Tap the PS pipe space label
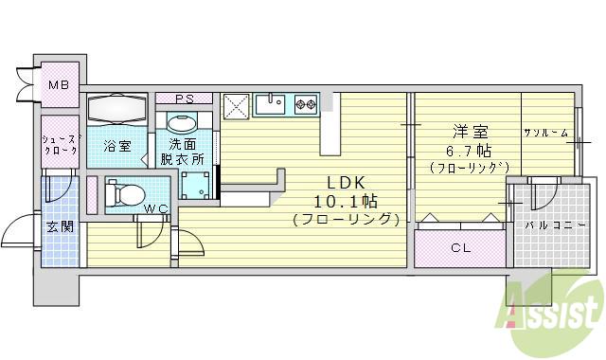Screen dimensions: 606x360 coord(184,98)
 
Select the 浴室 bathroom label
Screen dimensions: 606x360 coord(117,146)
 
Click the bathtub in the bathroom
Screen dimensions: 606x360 coord(117,109)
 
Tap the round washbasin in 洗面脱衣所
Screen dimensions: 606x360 coord(181,123)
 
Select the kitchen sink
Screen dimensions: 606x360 coord(272,104)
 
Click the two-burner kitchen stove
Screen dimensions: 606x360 coord(306,104)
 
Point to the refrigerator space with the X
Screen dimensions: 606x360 coord(237,105)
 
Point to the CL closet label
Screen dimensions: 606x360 coord(461,248)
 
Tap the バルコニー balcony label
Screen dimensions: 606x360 coord(547,227)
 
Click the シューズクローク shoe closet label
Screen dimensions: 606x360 coord(60,144)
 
